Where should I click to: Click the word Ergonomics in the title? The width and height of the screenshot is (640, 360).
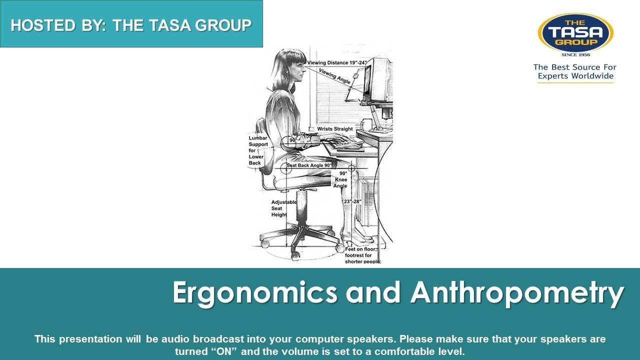pos(255,293)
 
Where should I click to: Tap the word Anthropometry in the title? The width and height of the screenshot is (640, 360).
pos(517,293)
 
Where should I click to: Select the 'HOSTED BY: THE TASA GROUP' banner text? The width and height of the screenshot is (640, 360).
pos(131,25)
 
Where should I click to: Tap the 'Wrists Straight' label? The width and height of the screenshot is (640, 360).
pos(335,129)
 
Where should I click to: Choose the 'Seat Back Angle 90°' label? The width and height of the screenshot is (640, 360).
pos(309,165)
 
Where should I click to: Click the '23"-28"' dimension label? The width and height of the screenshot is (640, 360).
pos(352,201)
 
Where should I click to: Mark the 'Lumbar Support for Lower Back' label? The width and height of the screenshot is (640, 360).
pos(258,150)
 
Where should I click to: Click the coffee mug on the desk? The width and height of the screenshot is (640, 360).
pos(367,124)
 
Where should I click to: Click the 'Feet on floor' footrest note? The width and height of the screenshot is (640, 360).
pos(363,255)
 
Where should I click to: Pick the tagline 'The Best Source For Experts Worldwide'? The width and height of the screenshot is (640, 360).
pos(575,71)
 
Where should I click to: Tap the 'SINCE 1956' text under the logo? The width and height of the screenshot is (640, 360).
pos(575,55)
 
